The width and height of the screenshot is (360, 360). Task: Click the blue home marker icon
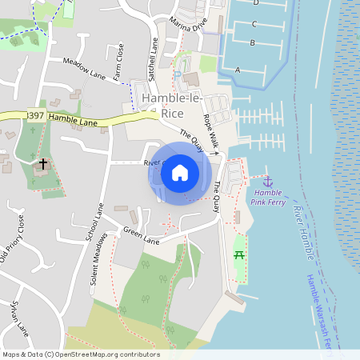[x=180, y=173]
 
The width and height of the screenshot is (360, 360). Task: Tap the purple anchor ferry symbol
[x=268, y=182]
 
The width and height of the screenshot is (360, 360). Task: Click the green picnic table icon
[x=238, y=255]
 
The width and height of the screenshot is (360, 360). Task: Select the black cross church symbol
[x=42, y=164]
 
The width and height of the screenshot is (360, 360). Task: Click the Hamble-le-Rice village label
[x=172, y=106]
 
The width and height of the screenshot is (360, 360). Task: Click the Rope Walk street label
[x=210, y=128]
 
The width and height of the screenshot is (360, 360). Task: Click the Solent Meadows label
[x=98, y=260]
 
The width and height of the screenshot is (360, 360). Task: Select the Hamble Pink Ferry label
[x=270, y=198]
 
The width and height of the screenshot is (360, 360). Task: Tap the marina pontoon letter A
[x=238, y=70]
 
